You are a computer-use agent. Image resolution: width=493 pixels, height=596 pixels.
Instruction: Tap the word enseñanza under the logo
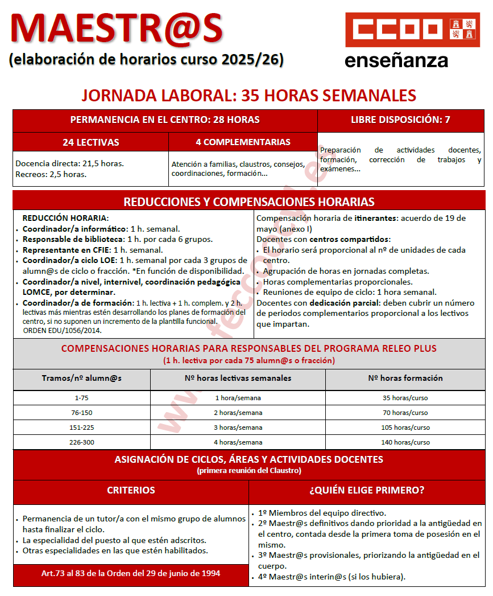[396, 60]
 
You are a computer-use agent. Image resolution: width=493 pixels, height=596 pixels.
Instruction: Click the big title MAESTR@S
[117, 28]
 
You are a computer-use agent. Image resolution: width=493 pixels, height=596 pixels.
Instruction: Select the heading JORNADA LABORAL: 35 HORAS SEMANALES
[248, 95]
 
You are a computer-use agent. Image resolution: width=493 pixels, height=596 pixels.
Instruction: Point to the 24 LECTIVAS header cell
[91, 142]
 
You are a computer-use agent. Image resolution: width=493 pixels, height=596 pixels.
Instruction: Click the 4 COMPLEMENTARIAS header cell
[243, 142]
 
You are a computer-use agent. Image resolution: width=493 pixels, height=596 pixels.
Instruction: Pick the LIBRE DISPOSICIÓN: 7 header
[400, 120]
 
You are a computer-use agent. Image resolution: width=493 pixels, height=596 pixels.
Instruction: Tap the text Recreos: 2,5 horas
[51, 174]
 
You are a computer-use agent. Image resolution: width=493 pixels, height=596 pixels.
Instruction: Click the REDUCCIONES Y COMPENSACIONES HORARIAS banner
[249, 202]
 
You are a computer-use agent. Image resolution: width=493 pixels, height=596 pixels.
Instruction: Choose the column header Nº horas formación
[405, 378]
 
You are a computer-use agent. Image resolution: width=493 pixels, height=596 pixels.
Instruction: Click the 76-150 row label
[81, 413]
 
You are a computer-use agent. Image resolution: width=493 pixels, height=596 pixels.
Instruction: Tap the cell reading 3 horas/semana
[238, 428]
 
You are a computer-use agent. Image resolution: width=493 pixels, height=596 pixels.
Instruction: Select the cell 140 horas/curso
[405, 442]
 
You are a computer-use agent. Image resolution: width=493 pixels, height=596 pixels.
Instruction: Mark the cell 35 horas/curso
[405, 398]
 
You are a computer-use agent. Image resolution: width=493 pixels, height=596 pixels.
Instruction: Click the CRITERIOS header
[131, 490]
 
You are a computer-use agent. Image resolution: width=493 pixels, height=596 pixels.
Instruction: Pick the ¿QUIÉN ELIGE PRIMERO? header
[367, 490]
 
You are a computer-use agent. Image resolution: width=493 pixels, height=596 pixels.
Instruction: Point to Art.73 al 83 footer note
[131, 573]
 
